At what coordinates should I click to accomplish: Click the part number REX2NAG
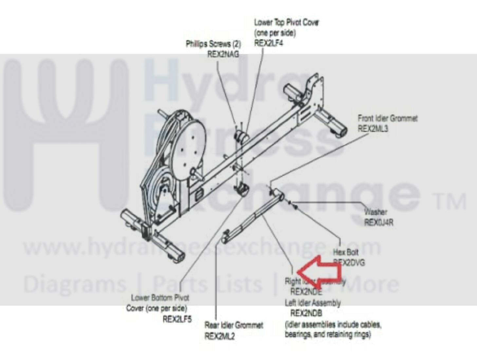(223, 54)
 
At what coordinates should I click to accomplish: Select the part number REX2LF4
(268, 43)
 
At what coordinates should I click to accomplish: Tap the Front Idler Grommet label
(388, 118)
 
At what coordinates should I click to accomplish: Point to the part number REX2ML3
(373, 129)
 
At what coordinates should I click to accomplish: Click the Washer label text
(376, 212)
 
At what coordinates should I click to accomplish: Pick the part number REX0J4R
(379, 223)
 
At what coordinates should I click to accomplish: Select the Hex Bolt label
(346, 252)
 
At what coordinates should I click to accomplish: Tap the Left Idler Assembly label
(313, 303)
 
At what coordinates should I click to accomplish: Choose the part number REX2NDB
(306, 313)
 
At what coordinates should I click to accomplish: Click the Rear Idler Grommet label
(234, 325)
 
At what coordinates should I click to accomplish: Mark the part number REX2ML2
(220, 336)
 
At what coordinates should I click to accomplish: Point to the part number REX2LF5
(177, 319)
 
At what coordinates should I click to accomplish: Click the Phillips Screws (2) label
(213, 44)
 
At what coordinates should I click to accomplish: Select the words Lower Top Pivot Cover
(286, 23)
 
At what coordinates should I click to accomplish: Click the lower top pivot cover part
(241, 136)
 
